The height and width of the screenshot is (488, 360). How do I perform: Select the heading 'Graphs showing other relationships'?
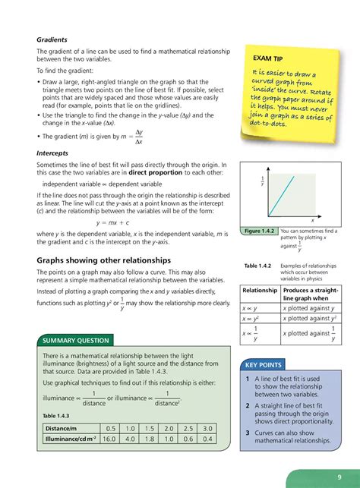click(x=104, y=260)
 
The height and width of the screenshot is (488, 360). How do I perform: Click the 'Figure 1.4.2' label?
click(x=257, y=231)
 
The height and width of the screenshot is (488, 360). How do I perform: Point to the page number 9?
click(x=338, y=477)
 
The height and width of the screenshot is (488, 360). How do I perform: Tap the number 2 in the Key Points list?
click(x=248, y=405)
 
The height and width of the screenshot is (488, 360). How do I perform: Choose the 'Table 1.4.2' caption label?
click(x=255, y=264)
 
